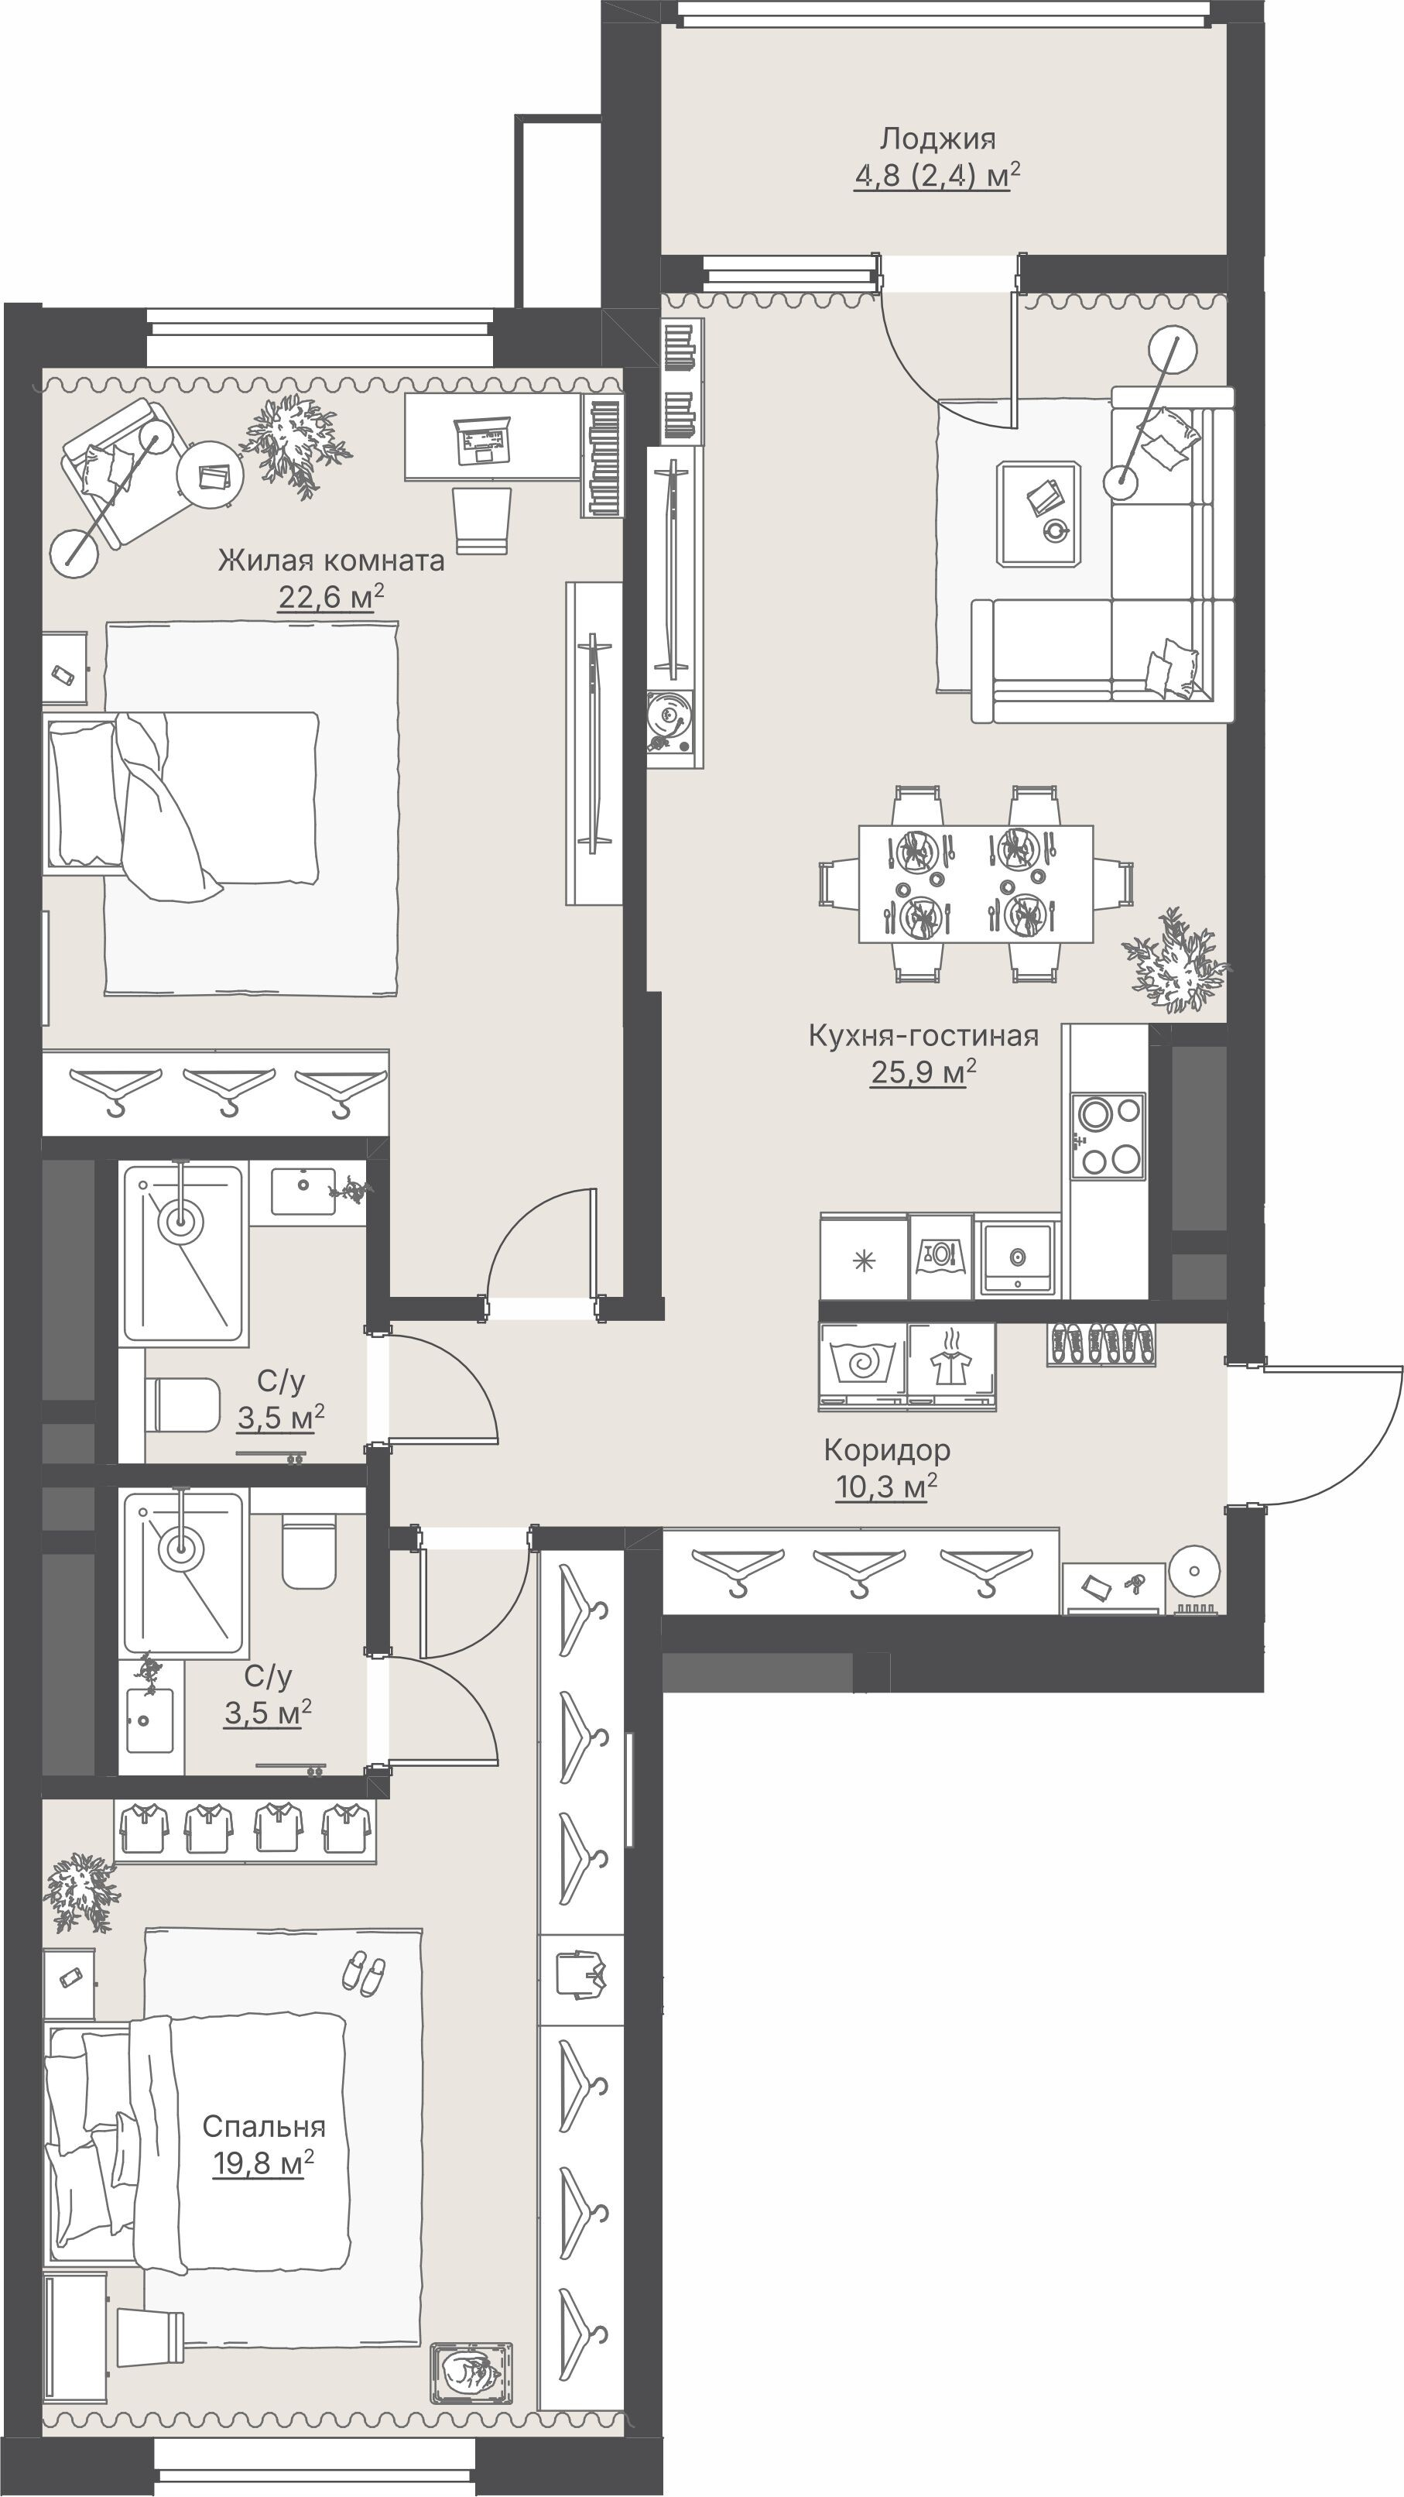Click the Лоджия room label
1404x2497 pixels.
[x=937, y=139]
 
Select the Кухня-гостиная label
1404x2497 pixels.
[x=923, y=1035]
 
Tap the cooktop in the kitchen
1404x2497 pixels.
[x=1108, y=1135]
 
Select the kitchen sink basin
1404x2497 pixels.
[x=1017, y=1257]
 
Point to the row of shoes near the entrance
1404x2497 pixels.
[x=1101, y=1343]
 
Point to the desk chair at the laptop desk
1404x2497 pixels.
[x=482, y=520]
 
